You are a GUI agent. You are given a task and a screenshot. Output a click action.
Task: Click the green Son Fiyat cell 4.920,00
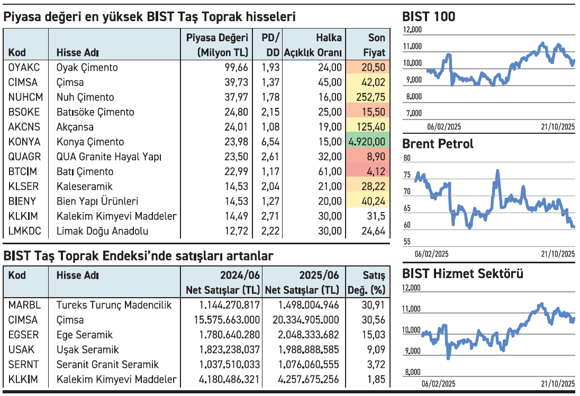pos(367,142)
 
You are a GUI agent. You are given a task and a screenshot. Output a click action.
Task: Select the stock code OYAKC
pos(24,68)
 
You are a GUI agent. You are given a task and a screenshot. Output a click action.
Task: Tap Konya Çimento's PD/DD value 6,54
pos(271,142)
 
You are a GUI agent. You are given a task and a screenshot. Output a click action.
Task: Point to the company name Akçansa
pos(75,127)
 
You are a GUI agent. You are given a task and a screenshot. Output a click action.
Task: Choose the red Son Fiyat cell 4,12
pos(367,171)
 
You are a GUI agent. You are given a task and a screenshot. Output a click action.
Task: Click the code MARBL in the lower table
pos(24,305)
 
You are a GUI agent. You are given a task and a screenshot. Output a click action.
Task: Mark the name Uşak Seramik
pos(87,349)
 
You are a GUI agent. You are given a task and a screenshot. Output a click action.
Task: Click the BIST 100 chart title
pos(429,17)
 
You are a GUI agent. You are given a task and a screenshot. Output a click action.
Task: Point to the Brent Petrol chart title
pos(438,144)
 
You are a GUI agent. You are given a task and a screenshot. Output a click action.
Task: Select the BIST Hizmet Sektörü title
pos(463,274)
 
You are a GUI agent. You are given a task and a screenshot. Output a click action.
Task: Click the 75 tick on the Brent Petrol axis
pos(407,175)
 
